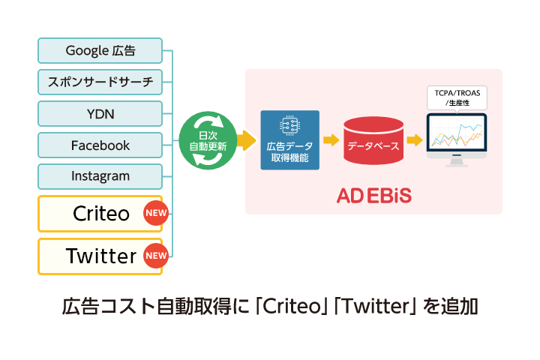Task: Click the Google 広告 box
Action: (100, 50)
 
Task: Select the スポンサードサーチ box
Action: (100, 82)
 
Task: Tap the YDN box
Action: (100, 113)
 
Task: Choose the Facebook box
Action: (100, 145)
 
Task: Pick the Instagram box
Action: (100, 176)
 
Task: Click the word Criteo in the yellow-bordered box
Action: (101, 214)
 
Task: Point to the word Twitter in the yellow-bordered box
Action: (101, 256)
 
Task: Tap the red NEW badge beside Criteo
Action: (155, 214)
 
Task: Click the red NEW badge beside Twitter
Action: (155, 256)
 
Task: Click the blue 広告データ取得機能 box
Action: (290, 140)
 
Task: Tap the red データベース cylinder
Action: (372, 140)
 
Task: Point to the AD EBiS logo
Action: (373, 196)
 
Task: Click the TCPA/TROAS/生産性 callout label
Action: (456, 97)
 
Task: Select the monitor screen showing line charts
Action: (457, 135)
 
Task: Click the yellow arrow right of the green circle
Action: (246, 139)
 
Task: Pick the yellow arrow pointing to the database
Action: (331, 139)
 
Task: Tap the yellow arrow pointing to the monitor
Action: (414, 139)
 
